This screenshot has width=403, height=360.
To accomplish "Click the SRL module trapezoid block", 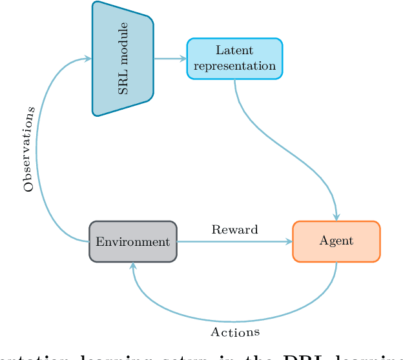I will tap(123, 59).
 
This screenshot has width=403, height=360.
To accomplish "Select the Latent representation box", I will tap(234, 59).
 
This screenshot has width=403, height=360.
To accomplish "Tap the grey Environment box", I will tap(132, 242).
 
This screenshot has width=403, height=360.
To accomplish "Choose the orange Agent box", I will tap(336, 241).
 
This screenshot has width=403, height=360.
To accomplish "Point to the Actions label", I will tap(235, 332).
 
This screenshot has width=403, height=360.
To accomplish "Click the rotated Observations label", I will tap(29, 148).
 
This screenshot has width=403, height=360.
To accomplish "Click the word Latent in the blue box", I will tap(234, 51).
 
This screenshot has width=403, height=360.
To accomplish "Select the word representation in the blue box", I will tap(234, 66).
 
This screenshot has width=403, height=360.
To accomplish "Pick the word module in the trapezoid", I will tap(123, 48).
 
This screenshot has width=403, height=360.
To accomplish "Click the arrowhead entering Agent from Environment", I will tap(289, 242).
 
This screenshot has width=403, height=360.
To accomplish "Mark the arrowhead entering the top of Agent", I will tap(336, 217).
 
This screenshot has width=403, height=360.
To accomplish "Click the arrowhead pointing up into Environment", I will tap(133, 266).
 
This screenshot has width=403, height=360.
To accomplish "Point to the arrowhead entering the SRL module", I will tap(88, 59).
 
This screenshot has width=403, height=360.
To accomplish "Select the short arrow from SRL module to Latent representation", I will tap(169, 59).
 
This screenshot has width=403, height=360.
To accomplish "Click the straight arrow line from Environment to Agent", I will tap(232, 242).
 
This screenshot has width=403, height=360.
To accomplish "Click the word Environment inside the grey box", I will tap(132, 242).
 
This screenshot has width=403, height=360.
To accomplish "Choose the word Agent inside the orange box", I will tap(336, 241).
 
